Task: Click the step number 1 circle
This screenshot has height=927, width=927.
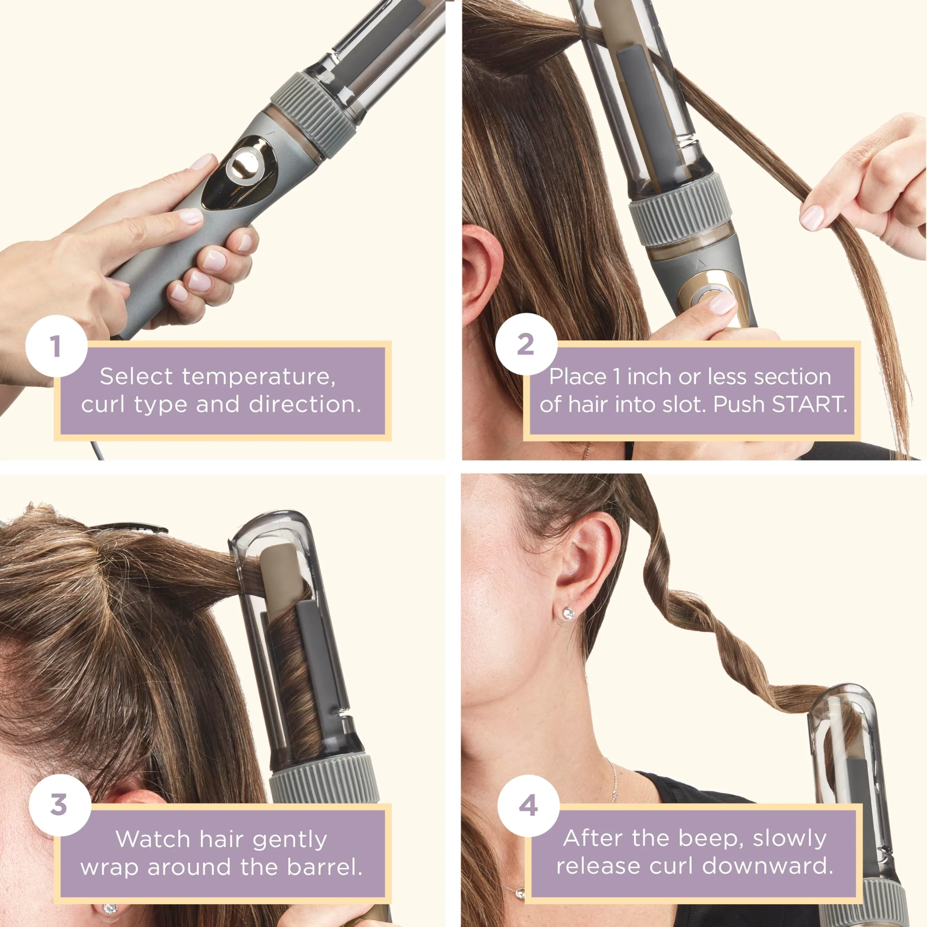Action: tap(56, 346)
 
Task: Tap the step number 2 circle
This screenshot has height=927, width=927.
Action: tap(526, 344)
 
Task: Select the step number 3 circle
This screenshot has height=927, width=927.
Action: tap(59, 805)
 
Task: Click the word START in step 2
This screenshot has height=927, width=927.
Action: tap(809, 404)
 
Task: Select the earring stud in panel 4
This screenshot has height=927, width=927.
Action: tap(569, 613)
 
